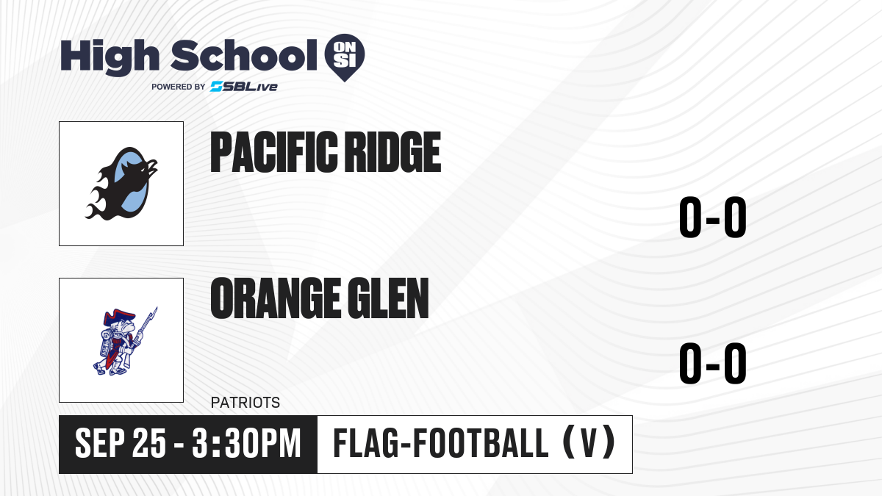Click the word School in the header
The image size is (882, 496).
(x=244, y=56)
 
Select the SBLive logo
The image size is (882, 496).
(x=244, y=87)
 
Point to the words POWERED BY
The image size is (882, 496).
(x=178, y=87)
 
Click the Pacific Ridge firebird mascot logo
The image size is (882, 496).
(x=121, y=184)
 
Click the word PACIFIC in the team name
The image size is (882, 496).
(x=274, y=152)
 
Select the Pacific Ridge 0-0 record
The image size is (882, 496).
(x=713, y=217)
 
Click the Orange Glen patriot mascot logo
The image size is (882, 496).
(x=125, y=341)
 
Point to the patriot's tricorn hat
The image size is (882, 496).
(x=119, y=317)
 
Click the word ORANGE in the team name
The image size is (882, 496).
(x=276, y=298)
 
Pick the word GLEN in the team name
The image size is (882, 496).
(x=389, y=298)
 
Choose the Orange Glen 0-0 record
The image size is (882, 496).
(x=713, y=363)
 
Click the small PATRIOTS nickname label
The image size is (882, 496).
(x=245, y=403)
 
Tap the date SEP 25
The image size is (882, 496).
(x=121, y=443)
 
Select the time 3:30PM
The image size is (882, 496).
(x=246, y=443)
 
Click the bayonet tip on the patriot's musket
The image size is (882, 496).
(x=157, y=308)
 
